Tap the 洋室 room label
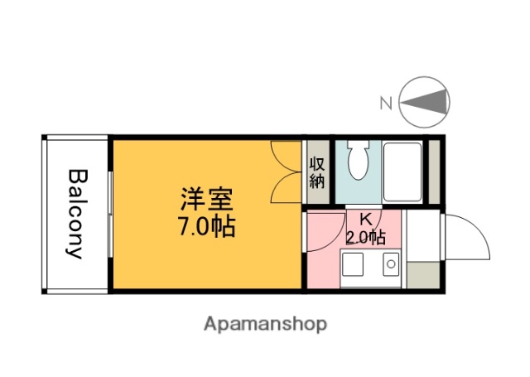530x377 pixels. point(206,201)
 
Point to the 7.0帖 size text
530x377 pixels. point(205,225)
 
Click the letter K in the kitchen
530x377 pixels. point(364,220)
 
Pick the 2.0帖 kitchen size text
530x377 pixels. point(364,237)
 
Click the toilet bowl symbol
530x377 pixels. point(359,162)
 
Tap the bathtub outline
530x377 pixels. point(403,172)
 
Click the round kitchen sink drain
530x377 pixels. point(391,266)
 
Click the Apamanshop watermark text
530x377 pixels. point(265,323)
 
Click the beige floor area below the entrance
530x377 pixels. point(422,275)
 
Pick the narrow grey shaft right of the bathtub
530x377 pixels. point(434,172)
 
